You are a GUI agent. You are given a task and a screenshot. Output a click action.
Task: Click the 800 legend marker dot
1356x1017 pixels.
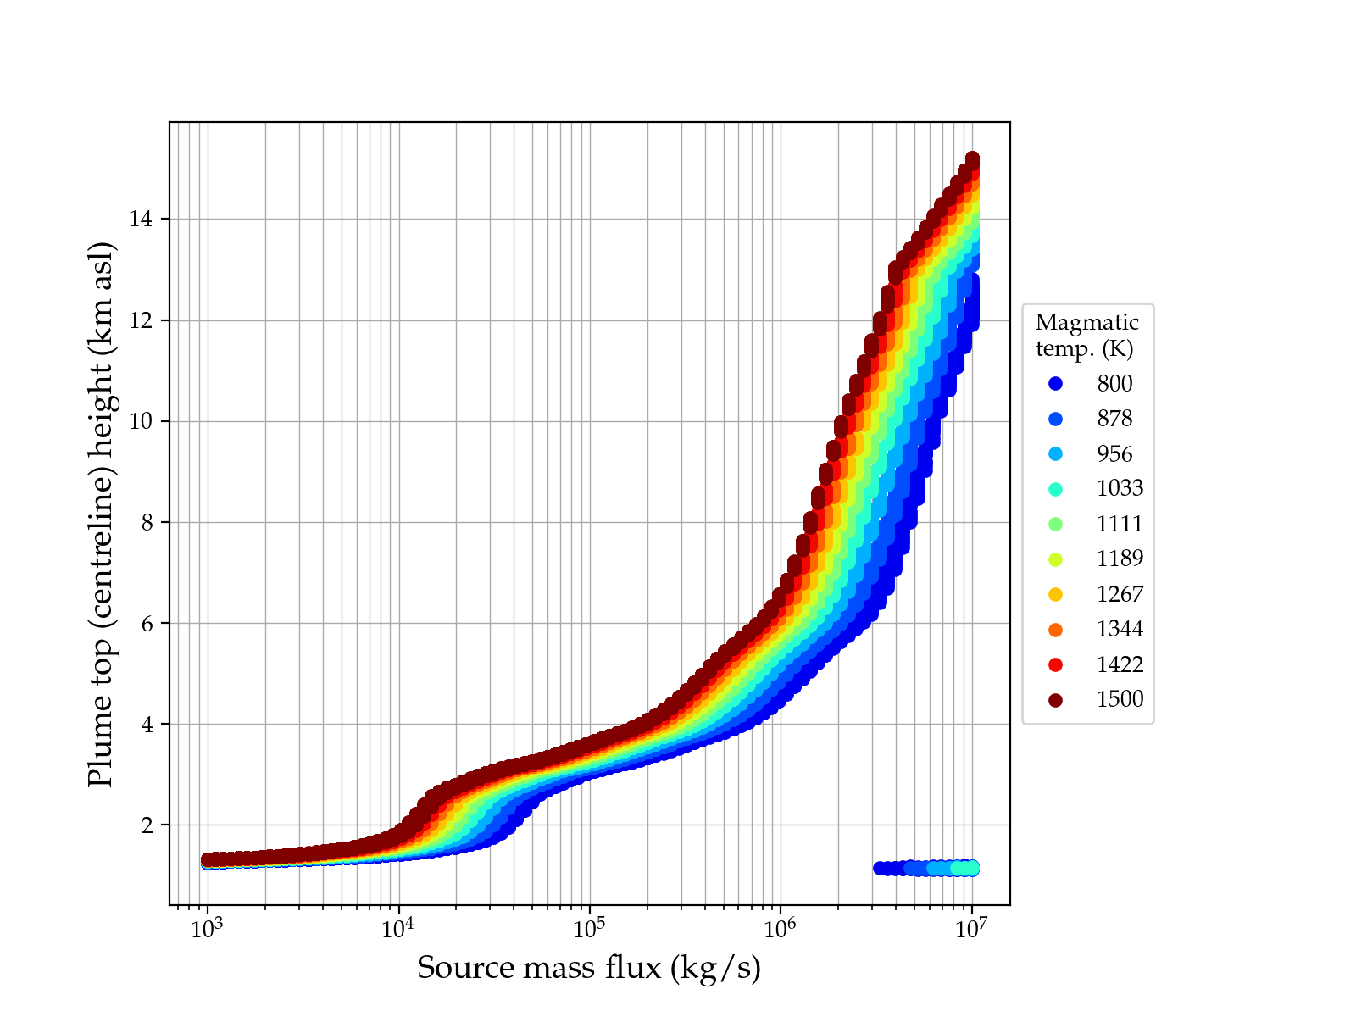pos(1055,384)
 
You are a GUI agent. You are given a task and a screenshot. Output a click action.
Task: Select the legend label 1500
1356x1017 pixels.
pos(1120,699)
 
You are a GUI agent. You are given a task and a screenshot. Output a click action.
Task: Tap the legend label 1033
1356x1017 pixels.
pos(1120,489)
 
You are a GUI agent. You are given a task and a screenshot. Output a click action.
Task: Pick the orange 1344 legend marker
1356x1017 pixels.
pos(1055,630)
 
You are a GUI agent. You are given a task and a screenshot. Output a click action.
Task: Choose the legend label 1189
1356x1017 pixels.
pos(1120,559)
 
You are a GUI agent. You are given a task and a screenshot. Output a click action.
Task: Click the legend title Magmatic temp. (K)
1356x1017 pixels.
pos(1086,336)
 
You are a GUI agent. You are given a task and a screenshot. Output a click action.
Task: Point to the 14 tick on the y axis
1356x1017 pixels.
pos(141,220)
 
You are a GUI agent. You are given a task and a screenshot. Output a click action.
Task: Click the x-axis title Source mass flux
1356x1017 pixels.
pos(589,968)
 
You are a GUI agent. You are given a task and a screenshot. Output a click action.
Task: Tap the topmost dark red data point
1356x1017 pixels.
pos(972,159)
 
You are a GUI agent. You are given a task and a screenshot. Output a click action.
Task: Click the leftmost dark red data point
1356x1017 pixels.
pos(208,859)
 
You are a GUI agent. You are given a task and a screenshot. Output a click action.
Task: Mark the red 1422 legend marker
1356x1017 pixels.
pos(1055,664)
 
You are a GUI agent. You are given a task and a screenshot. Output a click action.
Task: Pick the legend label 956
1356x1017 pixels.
pos(1114,454)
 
